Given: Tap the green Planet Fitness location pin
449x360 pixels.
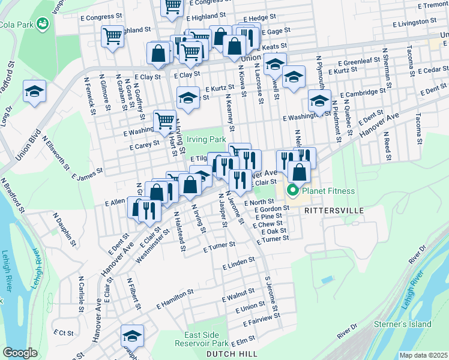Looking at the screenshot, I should coord(294,191).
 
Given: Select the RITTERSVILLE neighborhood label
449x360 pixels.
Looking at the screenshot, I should coord(334,211).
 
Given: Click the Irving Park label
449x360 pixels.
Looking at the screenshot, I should coord(206,139).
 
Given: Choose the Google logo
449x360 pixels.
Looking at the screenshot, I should coord(20,353).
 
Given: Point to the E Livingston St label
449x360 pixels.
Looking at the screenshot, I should coord(414,22).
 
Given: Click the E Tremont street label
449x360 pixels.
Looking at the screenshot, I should coord(427,5).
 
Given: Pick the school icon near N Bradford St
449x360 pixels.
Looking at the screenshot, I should coord(34,92).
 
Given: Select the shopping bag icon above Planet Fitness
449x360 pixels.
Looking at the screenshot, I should coord(299,172).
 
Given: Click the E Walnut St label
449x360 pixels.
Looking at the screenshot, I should coord(238,296).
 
